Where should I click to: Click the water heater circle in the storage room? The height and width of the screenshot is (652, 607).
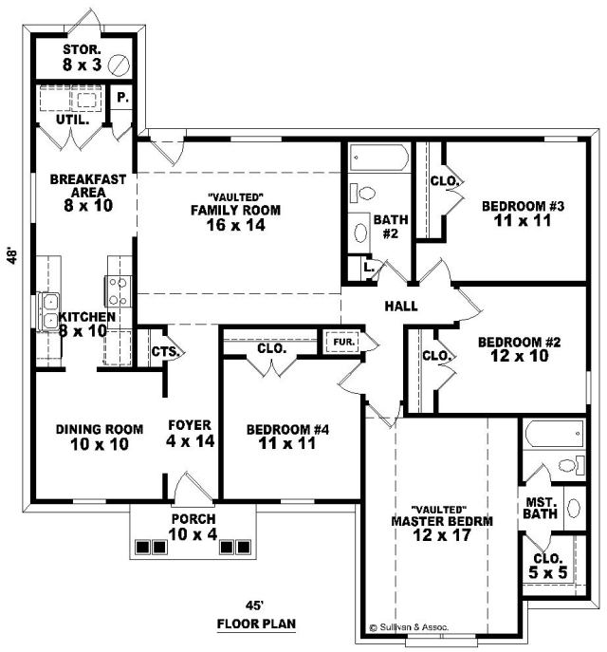pyautogui.click(x=119, y=65)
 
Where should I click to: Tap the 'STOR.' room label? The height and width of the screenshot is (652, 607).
pyautogui.click(x=82, y=49)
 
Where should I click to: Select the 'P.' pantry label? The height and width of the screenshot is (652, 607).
pyautogui.click(x=122, y=98)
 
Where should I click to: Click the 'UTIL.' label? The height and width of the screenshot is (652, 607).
pyautogui.click(x=73, y=121)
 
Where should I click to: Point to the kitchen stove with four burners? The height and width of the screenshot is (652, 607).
pyautogui.click(x=118, y=290)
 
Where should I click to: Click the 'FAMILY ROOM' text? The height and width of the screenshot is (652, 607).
pyautogui.click(x=235, y=210)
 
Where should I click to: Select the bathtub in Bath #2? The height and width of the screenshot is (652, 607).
pyautogui.click(x=378, y=158)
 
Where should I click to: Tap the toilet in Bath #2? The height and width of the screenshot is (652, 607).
pyautogui.click(x=362, y=194)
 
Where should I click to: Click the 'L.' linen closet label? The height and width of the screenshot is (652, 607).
pyautogui.click(x=369, y=267)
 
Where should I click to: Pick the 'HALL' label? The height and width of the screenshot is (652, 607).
pyautogui.click(x=401, y=307)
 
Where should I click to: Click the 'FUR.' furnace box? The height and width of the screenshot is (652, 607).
pyautogui.click(x=344, y=343)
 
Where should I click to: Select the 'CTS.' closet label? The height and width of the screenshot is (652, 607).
pyautogui.click(x=165, y=352)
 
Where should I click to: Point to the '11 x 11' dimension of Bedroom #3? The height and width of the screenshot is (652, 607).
pyautogui.click(x=523, y=220)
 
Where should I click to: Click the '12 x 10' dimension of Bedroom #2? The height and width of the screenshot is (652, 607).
pyautogui.click(x=520, y=356)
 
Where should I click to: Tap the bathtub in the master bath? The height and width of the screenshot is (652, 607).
pyautogui.click(x=554, y=434)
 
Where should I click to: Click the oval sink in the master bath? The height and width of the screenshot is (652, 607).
pyautogui.click(x=574, y=508)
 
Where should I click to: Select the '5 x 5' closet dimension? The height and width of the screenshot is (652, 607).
pyautogui.click(x=547, y=572)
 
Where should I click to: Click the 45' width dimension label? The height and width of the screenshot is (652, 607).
pyautogui.click(x=255, y=605)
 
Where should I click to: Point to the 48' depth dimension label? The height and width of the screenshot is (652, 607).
pyautogui.click(x=13, y=256)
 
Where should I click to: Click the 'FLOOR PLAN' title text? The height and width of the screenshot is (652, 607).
pyautogui.click(x=256, y=624)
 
